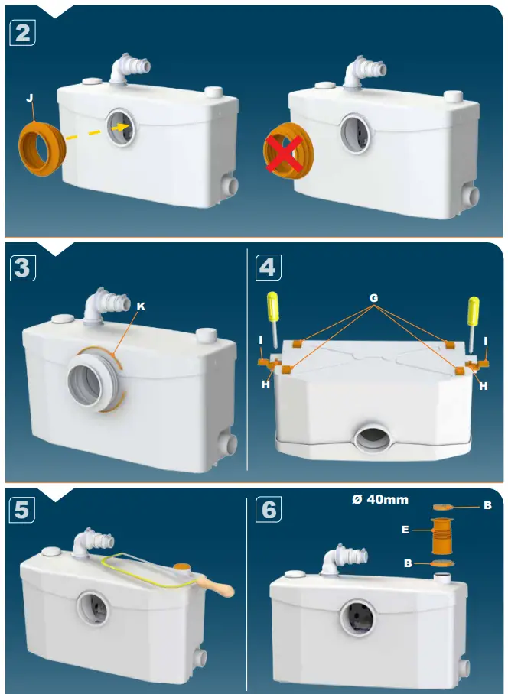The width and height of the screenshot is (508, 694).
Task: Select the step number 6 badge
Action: click(x=269, y=510)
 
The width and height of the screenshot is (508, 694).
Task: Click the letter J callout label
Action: click(x=29, y=98)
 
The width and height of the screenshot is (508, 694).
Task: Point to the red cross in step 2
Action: click(x=284, y=154)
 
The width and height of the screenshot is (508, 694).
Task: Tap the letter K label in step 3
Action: click(x=140, y=306)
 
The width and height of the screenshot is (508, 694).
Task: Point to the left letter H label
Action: click(x=265, y=384)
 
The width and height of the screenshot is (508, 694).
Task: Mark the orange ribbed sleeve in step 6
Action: click(x=441, y=537)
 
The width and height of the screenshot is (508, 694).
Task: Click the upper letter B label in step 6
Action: click(x=487, y=505)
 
